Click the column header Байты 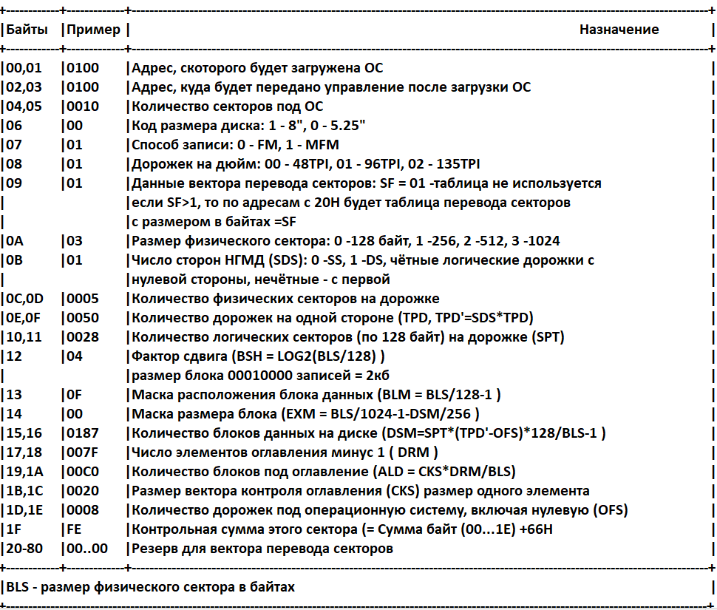(30, 30)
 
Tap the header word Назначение (619, 30)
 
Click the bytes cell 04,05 (24, 106)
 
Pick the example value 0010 (83, 106)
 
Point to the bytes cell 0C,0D (25, 299)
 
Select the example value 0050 (83, 318)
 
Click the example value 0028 (83, 337)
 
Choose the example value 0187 (83, 433)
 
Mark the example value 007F (83, 453)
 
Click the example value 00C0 (83, 472)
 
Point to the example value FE (75, 529)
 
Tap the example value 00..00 (87, 549)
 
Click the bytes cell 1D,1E (24, 510)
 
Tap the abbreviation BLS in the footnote (18, 588)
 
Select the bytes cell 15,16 (24, 433)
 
